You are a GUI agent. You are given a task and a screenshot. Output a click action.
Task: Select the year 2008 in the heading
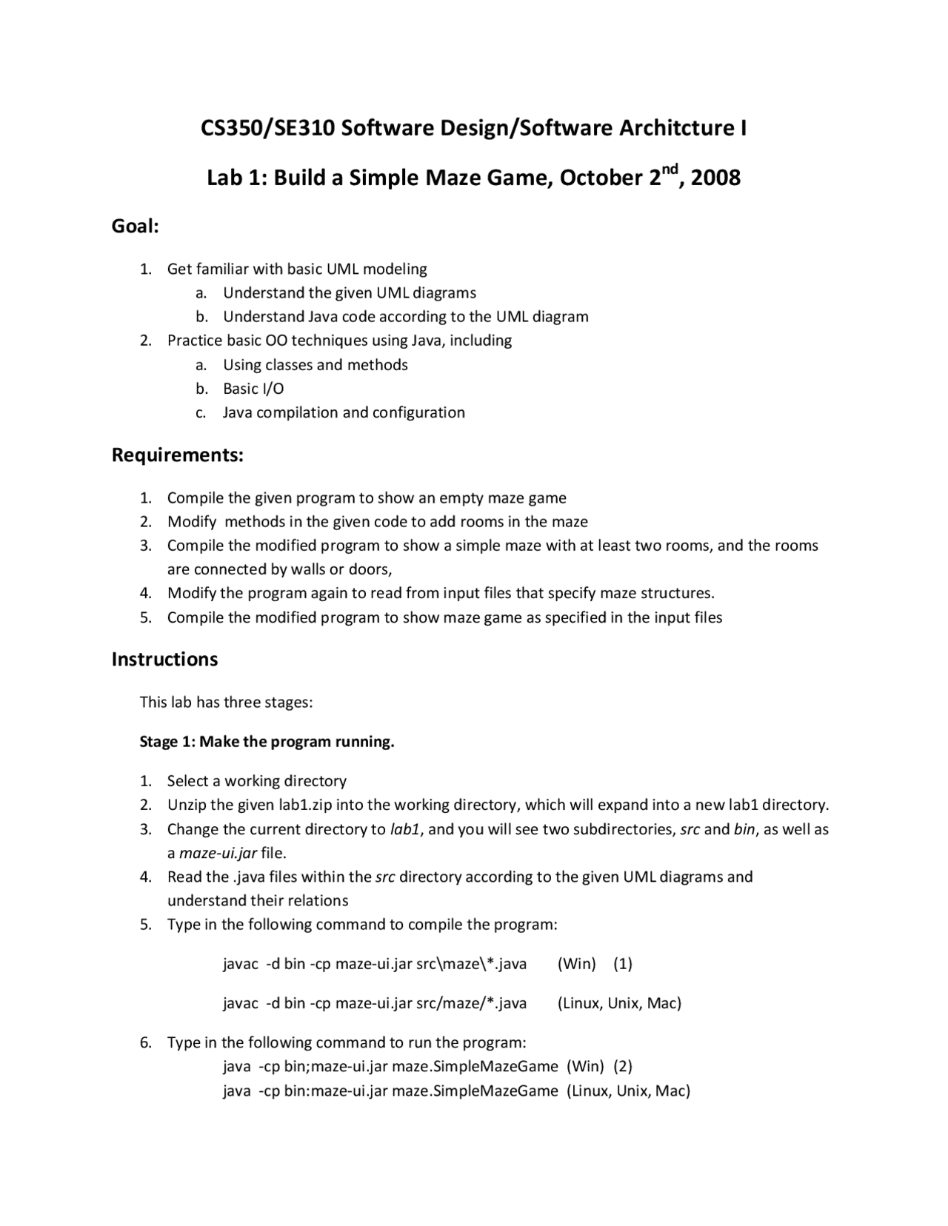point(715,178)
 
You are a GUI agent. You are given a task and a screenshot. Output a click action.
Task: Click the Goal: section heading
point(136,227)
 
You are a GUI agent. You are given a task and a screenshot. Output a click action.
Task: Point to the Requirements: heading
point(178,455)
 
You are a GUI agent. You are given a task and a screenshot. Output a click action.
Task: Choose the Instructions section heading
point(164,660)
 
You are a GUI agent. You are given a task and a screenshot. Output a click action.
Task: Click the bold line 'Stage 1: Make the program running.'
point(267,742)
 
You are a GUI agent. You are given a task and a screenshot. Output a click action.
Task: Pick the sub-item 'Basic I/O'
point(253,389)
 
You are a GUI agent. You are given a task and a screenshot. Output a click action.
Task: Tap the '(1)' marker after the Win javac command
point(623,963)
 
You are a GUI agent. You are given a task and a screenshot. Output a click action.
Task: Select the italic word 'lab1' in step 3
point(405,829)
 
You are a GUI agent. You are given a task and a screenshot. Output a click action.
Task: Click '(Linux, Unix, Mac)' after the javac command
point(619,1003)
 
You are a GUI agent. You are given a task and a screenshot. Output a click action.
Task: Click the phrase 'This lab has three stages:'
point(226,702)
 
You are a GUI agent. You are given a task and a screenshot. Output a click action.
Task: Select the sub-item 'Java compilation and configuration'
point(344,412)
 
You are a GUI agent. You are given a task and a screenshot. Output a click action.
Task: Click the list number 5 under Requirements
point(146,617)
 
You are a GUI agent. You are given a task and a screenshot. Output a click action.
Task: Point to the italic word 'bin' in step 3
point(744,829)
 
